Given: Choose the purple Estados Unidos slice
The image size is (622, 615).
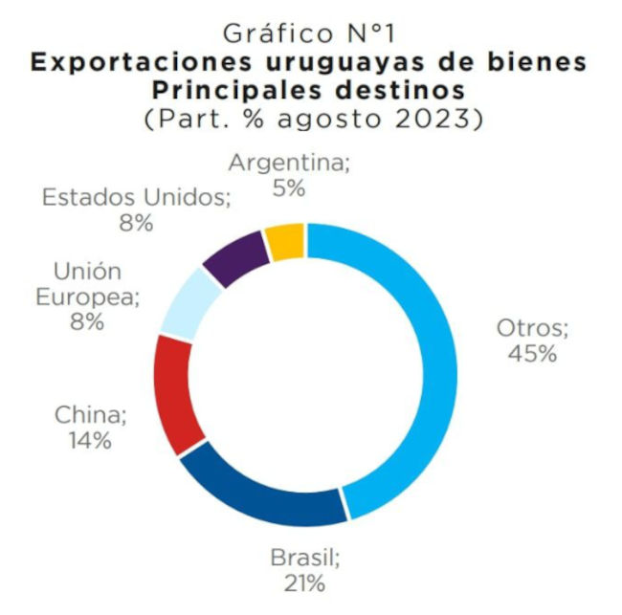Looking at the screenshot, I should (x=234, y=255).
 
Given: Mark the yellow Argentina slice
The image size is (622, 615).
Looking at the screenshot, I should (x=285, y=241).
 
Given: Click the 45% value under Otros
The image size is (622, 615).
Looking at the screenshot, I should (x=533, y=354).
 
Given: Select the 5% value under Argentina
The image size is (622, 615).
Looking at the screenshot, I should (x=288, y=188).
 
